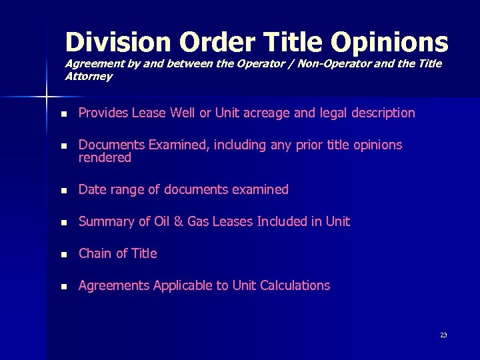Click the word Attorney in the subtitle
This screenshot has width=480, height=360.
89,76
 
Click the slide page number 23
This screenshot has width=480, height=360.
443,335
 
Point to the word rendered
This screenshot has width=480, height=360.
105,158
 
